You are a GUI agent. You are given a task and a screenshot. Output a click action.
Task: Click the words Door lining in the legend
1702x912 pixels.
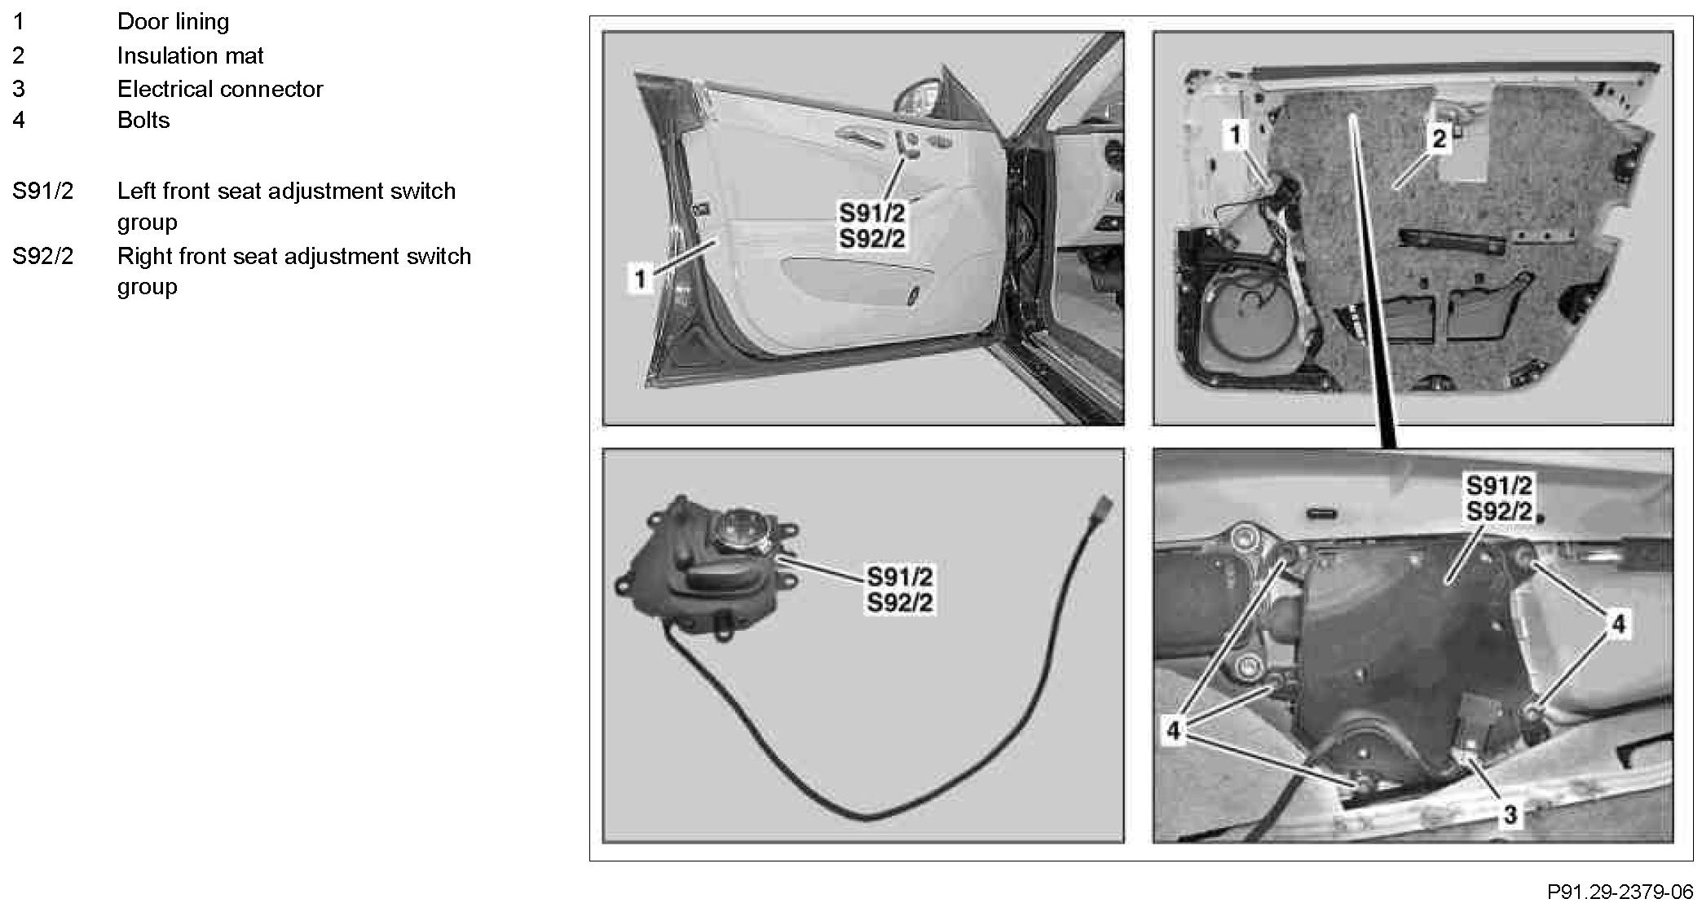173,21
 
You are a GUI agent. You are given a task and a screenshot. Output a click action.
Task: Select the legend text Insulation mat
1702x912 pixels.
190,55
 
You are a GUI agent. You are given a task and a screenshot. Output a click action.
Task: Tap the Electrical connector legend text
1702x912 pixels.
220,89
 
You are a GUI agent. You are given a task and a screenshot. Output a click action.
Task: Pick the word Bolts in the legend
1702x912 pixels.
143,121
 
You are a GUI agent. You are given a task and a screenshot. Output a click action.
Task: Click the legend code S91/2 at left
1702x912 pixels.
42,191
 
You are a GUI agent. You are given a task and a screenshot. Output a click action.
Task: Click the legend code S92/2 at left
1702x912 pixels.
42,256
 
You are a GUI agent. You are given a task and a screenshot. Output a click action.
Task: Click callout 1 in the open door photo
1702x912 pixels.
641,280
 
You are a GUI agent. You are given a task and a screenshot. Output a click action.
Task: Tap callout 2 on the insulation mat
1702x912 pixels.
1439,139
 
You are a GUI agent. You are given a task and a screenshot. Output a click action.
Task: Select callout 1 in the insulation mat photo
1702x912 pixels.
1236,134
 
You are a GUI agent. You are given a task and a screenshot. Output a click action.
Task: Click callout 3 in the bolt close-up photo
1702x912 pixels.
1510,813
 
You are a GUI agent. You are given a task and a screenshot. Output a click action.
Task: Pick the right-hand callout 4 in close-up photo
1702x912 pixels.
1618,624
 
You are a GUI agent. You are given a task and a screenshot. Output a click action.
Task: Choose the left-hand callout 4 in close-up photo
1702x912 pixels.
1174,731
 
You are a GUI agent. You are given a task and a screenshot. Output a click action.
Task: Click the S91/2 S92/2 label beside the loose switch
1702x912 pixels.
899,589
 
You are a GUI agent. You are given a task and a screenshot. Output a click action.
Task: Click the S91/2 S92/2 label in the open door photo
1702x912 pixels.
872,226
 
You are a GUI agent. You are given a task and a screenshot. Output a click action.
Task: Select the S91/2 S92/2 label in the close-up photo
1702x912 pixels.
1499,498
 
